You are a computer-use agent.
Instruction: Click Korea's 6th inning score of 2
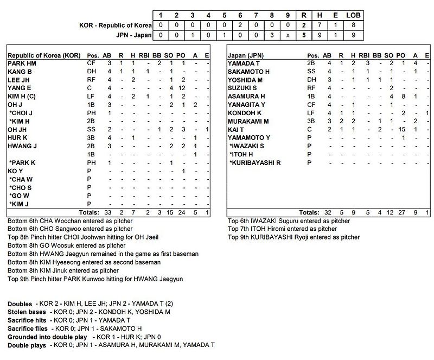pos(240,25)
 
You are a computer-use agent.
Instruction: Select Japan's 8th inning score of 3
pos(271,35)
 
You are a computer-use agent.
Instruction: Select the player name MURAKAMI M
pos(249,121)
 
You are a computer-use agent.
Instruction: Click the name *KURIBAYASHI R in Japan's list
pos(256,162)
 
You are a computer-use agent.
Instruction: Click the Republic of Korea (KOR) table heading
pos(44,55)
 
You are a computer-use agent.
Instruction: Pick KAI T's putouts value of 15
pos(402,129)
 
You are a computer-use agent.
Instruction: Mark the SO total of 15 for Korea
pos(171,212)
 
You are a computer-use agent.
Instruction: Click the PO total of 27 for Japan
pos(402,212)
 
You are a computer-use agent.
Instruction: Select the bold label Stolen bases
pos(28,313)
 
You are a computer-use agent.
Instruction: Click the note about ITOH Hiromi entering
pos(284,229)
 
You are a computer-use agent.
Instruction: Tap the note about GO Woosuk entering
pos(67,245)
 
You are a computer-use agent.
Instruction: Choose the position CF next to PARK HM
pos(91,64)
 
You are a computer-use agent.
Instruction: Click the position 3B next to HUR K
pos(91,137)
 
